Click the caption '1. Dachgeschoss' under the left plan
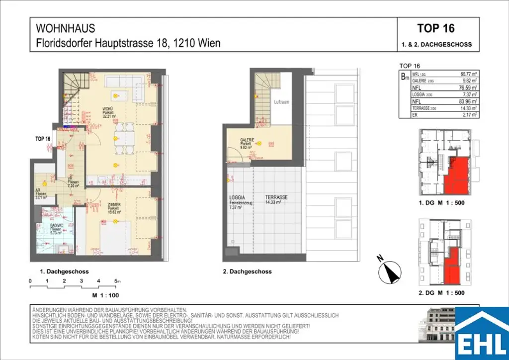coord(64,272)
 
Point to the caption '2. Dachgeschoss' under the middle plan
coord(247,272)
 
